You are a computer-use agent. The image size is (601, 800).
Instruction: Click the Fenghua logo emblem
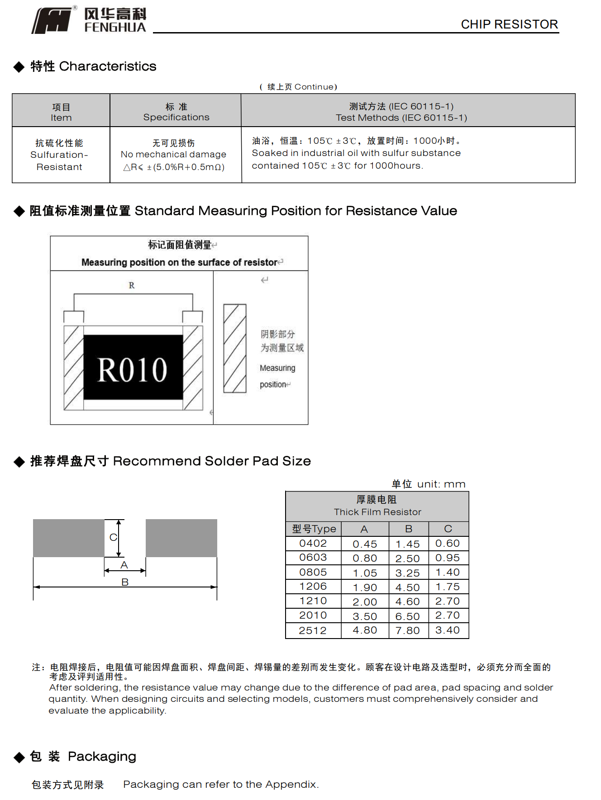pyautogui.click(x=52, y=21)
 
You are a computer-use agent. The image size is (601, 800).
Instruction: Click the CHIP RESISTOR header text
pyautogui.click(x=509, y=24)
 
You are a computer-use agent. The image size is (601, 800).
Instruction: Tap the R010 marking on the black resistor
pyautogui.click(x=133, y=369)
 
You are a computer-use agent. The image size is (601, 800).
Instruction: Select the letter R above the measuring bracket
pyautogui.click(x=132, y=285)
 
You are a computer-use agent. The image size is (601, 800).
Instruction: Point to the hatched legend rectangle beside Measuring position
pyautogui.click(x=234, y=348)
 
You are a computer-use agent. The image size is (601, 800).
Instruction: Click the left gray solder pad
pyautogui.click(x=68, y=538)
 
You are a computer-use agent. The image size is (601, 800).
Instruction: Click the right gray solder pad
pyautogui.click(x=181, y=538)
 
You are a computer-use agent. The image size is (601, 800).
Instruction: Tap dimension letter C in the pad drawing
pyautogui.click(x=113, y=537)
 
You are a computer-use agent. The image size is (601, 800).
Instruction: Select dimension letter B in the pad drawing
pyautogui.click(x=125, y=582)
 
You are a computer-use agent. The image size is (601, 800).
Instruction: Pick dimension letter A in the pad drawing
pyautogui.click(x=124, y=565)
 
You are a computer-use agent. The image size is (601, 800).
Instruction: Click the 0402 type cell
pyautogui.click(x=313, y=543)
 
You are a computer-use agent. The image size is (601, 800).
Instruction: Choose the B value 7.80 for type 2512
pyautogui.click(x=407, y=630)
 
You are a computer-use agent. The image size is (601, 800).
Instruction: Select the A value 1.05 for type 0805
pyautogui.click(x=365, y=573)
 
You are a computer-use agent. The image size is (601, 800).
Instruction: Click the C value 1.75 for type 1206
pyautogui.click(x=447, y=587)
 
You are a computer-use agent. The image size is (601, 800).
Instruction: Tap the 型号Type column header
pyautogui.click(x=314, y=529)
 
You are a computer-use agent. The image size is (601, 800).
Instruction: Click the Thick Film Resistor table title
pyautogui.click(x=377, y=512)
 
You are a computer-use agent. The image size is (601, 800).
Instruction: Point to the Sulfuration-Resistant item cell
pyautogui.click(x=59, y=155)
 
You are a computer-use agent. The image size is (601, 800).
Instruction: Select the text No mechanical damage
pyautogui.click(x=173, y=154)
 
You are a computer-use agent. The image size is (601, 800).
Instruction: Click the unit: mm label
pyautogui.click(x=441, y=484)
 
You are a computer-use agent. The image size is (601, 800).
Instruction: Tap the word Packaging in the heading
pyautogui.click(x=102, y=756)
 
